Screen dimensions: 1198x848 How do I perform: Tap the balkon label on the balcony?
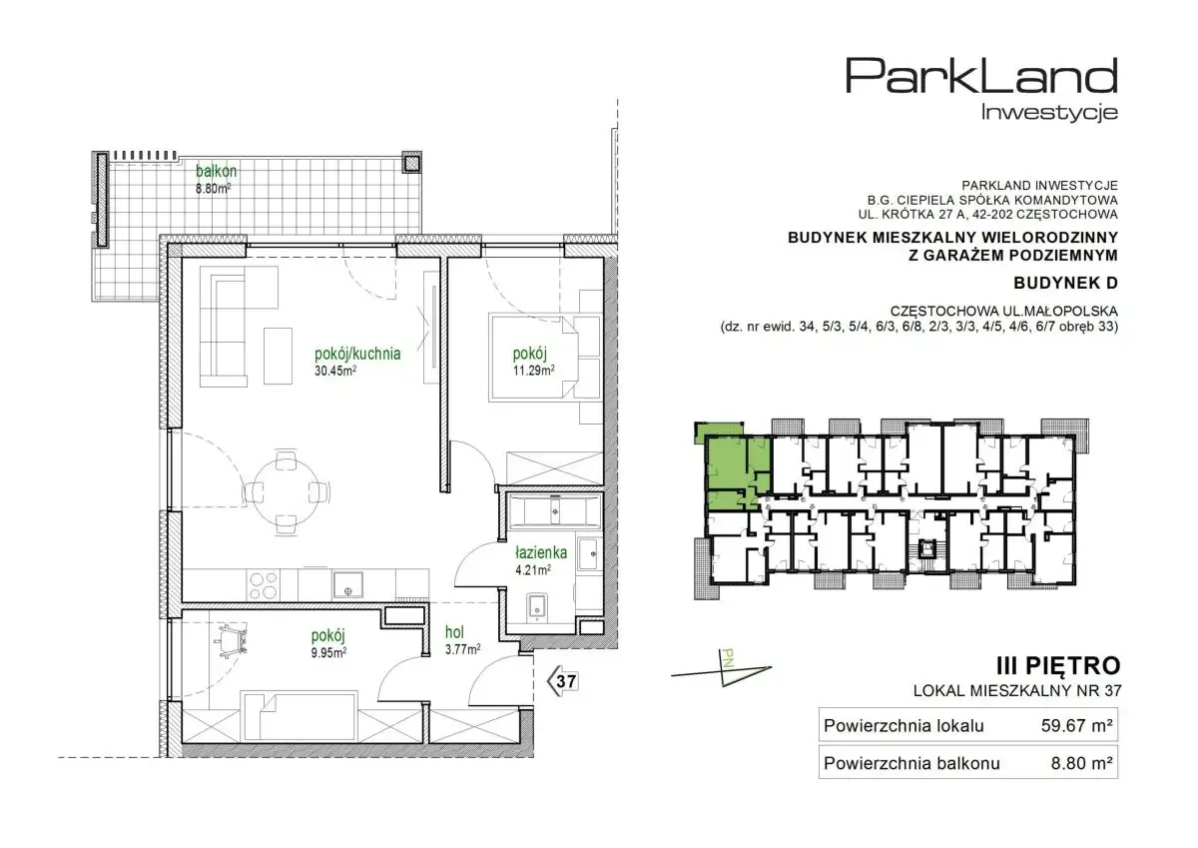tap(216, 171)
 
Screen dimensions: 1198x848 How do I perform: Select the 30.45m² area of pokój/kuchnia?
tap(335, 371)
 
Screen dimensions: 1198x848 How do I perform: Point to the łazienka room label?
tap(541, 552)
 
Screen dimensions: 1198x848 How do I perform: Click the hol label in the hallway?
tap(454, 632)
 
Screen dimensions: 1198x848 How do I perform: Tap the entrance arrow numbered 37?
tap(562, 681)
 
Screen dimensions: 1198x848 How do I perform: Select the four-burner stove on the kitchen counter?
tap(263, 584)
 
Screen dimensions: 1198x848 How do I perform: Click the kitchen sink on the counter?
tap(348, 584)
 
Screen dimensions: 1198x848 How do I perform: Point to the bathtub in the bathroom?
tap(555, 511)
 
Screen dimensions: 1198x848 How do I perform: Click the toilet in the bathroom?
tap(536, 607)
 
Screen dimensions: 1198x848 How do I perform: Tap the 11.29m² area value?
tap(534, 371)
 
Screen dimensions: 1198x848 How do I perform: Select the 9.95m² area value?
tap(328, 652)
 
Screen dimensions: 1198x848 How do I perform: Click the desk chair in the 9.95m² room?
tap(231, 639)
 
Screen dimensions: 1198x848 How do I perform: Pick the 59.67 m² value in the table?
tap(1077, 725)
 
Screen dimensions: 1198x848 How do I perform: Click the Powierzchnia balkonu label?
tap(911, 763)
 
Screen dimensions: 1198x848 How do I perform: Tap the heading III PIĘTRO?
tap(1058, 666)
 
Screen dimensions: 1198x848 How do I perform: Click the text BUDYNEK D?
tap(1066, 283)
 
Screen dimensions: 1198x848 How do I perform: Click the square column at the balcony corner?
tap(411, 163)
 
